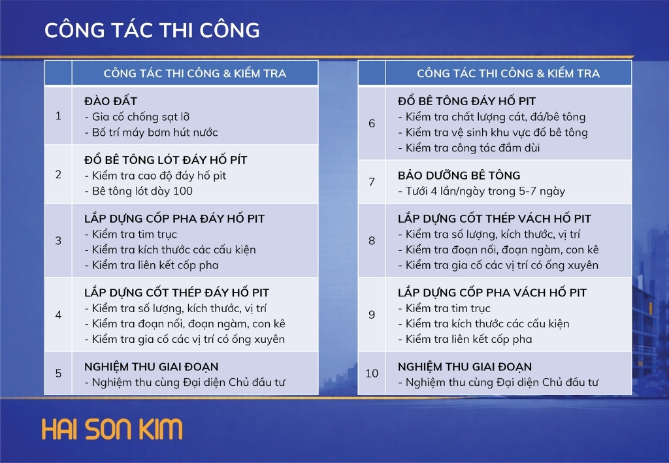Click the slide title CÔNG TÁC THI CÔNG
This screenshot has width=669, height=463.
[x=152, y=30]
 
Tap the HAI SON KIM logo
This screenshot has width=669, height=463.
[x=112, y=429]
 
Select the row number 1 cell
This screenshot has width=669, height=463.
[x=58, y=116]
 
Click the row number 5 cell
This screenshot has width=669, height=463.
[x=58, y=373]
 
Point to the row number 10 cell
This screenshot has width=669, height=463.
[x=372, y=373]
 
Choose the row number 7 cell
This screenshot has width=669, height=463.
[x=372, y=182]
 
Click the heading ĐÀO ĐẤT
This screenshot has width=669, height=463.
[x=110, y=101]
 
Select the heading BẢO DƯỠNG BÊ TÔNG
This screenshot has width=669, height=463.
[x=459, y=175]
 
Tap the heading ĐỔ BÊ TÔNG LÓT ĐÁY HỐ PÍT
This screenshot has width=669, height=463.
[x=165, y=159]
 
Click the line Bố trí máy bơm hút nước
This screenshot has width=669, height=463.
[x=152, y=132]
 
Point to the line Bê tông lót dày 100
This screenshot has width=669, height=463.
[x=139, y=191]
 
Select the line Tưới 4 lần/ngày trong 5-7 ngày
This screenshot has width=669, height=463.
[x=481, y=191]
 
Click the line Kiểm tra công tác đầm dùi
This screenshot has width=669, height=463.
[x=469, y=148]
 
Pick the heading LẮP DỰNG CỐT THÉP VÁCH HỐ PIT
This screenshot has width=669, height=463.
[x=495, y=218]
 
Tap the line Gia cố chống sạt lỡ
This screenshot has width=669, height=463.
[x=137, y=117]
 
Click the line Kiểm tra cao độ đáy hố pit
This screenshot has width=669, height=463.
[x=155, y=176]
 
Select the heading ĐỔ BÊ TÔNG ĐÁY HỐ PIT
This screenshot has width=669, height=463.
[x=466, y=101]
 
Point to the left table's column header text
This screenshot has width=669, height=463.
[x=195, y=73]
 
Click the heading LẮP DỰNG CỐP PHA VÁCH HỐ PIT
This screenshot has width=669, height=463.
[x=493, y=293]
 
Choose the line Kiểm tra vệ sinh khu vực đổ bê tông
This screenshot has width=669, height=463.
[x=493, y=132]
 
